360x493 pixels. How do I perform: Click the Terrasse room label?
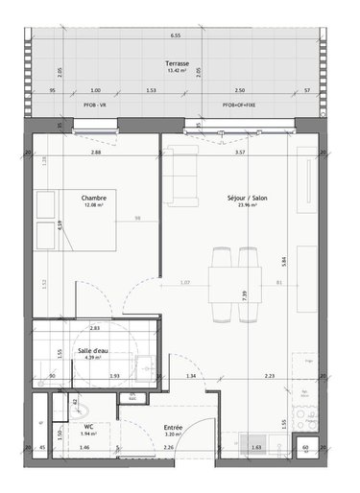click(176, 62)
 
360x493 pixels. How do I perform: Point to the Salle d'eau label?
click(93, 351)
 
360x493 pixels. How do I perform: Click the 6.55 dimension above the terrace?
click(176, 35)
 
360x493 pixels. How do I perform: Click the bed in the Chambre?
click(77, 219)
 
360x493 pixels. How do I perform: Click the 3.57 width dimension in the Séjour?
click(241, 153)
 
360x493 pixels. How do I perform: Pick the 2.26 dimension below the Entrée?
click(168, 448)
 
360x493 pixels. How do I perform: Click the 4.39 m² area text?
click(93, 360)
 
